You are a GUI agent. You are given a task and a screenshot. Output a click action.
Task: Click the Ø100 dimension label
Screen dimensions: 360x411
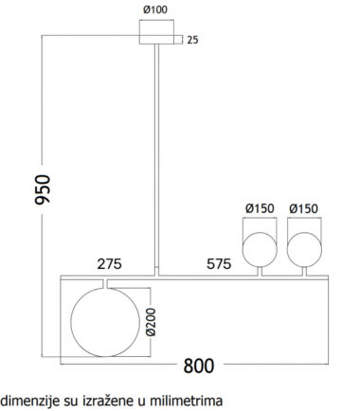coord(155,9)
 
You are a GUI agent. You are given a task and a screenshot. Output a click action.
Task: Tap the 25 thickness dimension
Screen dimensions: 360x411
coord(192,40)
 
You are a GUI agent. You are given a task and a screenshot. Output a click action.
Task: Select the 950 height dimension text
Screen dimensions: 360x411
coord(43,189)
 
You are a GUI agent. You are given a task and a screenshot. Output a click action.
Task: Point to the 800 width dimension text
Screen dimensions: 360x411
coord(199,366)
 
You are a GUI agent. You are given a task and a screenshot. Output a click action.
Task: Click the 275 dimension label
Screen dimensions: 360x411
coord(109,264)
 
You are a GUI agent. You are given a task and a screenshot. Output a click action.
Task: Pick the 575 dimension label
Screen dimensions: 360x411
coord(219,264)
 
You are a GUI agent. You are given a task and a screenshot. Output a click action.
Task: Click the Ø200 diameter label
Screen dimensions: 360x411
coord(152,322)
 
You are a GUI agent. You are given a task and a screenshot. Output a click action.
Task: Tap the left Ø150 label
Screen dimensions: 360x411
coord(260,208)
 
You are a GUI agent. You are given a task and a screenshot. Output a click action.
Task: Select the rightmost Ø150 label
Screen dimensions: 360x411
coord(303,208)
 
